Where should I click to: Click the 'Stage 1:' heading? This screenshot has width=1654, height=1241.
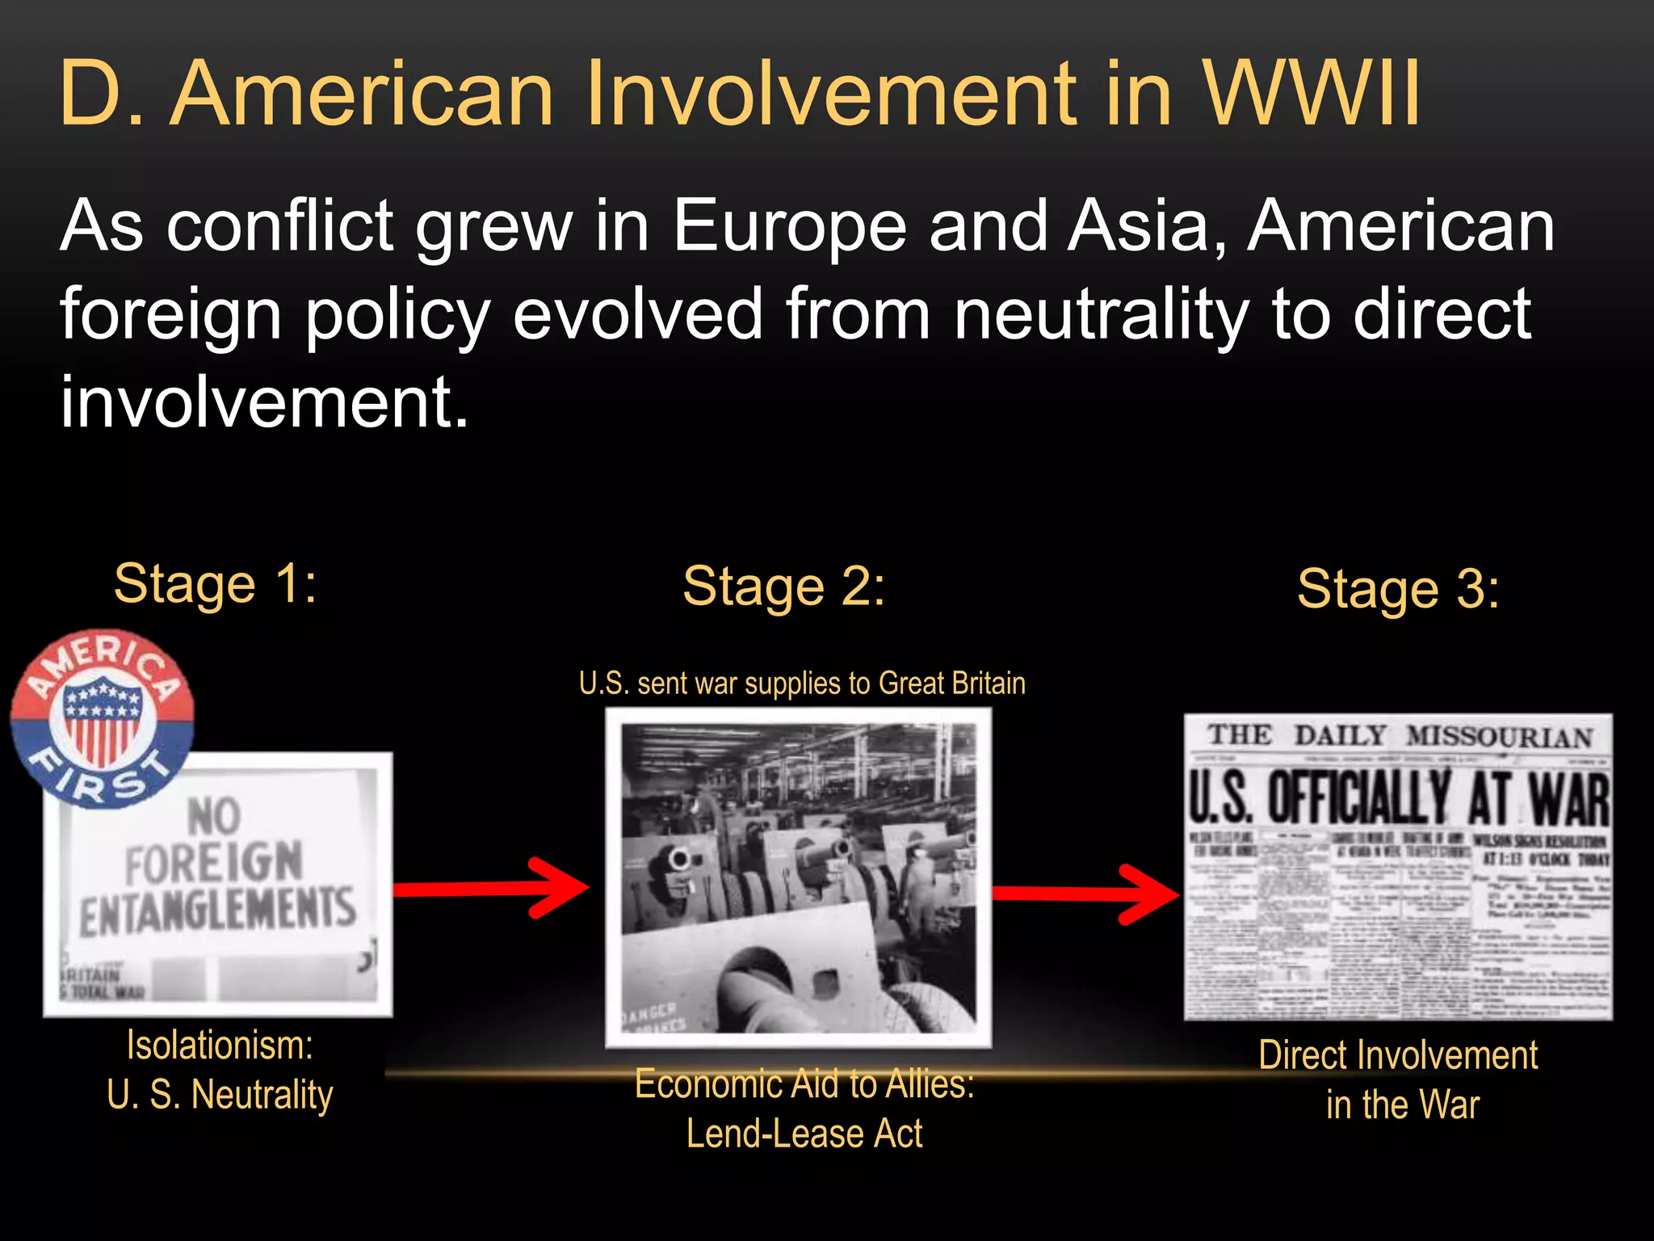[x=216, y=583]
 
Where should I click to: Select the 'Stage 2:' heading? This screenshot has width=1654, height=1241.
[x=783, y=586]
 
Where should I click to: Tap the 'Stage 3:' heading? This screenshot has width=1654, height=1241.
[x=1398, y=588]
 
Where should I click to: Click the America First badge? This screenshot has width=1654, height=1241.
[x=102, y=718]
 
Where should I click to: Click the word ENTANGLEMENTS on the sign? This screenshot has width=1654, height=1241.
[x=218, y=911]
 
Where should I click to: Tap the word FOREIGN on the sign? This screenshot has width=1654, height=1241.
[x=214, y=864]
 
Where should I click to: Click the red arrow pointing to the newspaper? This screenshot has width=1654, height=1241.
[x=1085, y=894]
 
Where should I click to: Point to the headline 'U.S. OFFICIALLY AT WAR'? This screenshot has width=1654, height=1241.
[x=1398, y=798]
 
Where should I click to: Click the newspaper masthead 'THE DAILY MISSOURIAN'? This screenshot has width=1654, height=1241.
[x=1398, y=736]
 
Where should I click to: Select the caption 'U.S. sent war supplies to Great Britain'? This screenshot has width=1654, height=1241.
[x=802, y=684]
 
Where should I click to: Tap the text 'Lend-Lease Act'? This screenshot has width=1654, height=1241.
[x=804, y=1134]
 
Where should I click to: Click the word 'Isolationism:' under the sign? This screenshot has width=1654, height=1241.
[x=220, y=1045]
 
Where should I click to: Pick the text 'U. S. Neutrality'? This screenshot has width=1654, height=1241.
[x=220, y=1095]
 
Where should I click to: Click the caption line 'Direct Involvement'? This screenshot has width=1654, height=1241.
[x=1398, y=1055]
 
